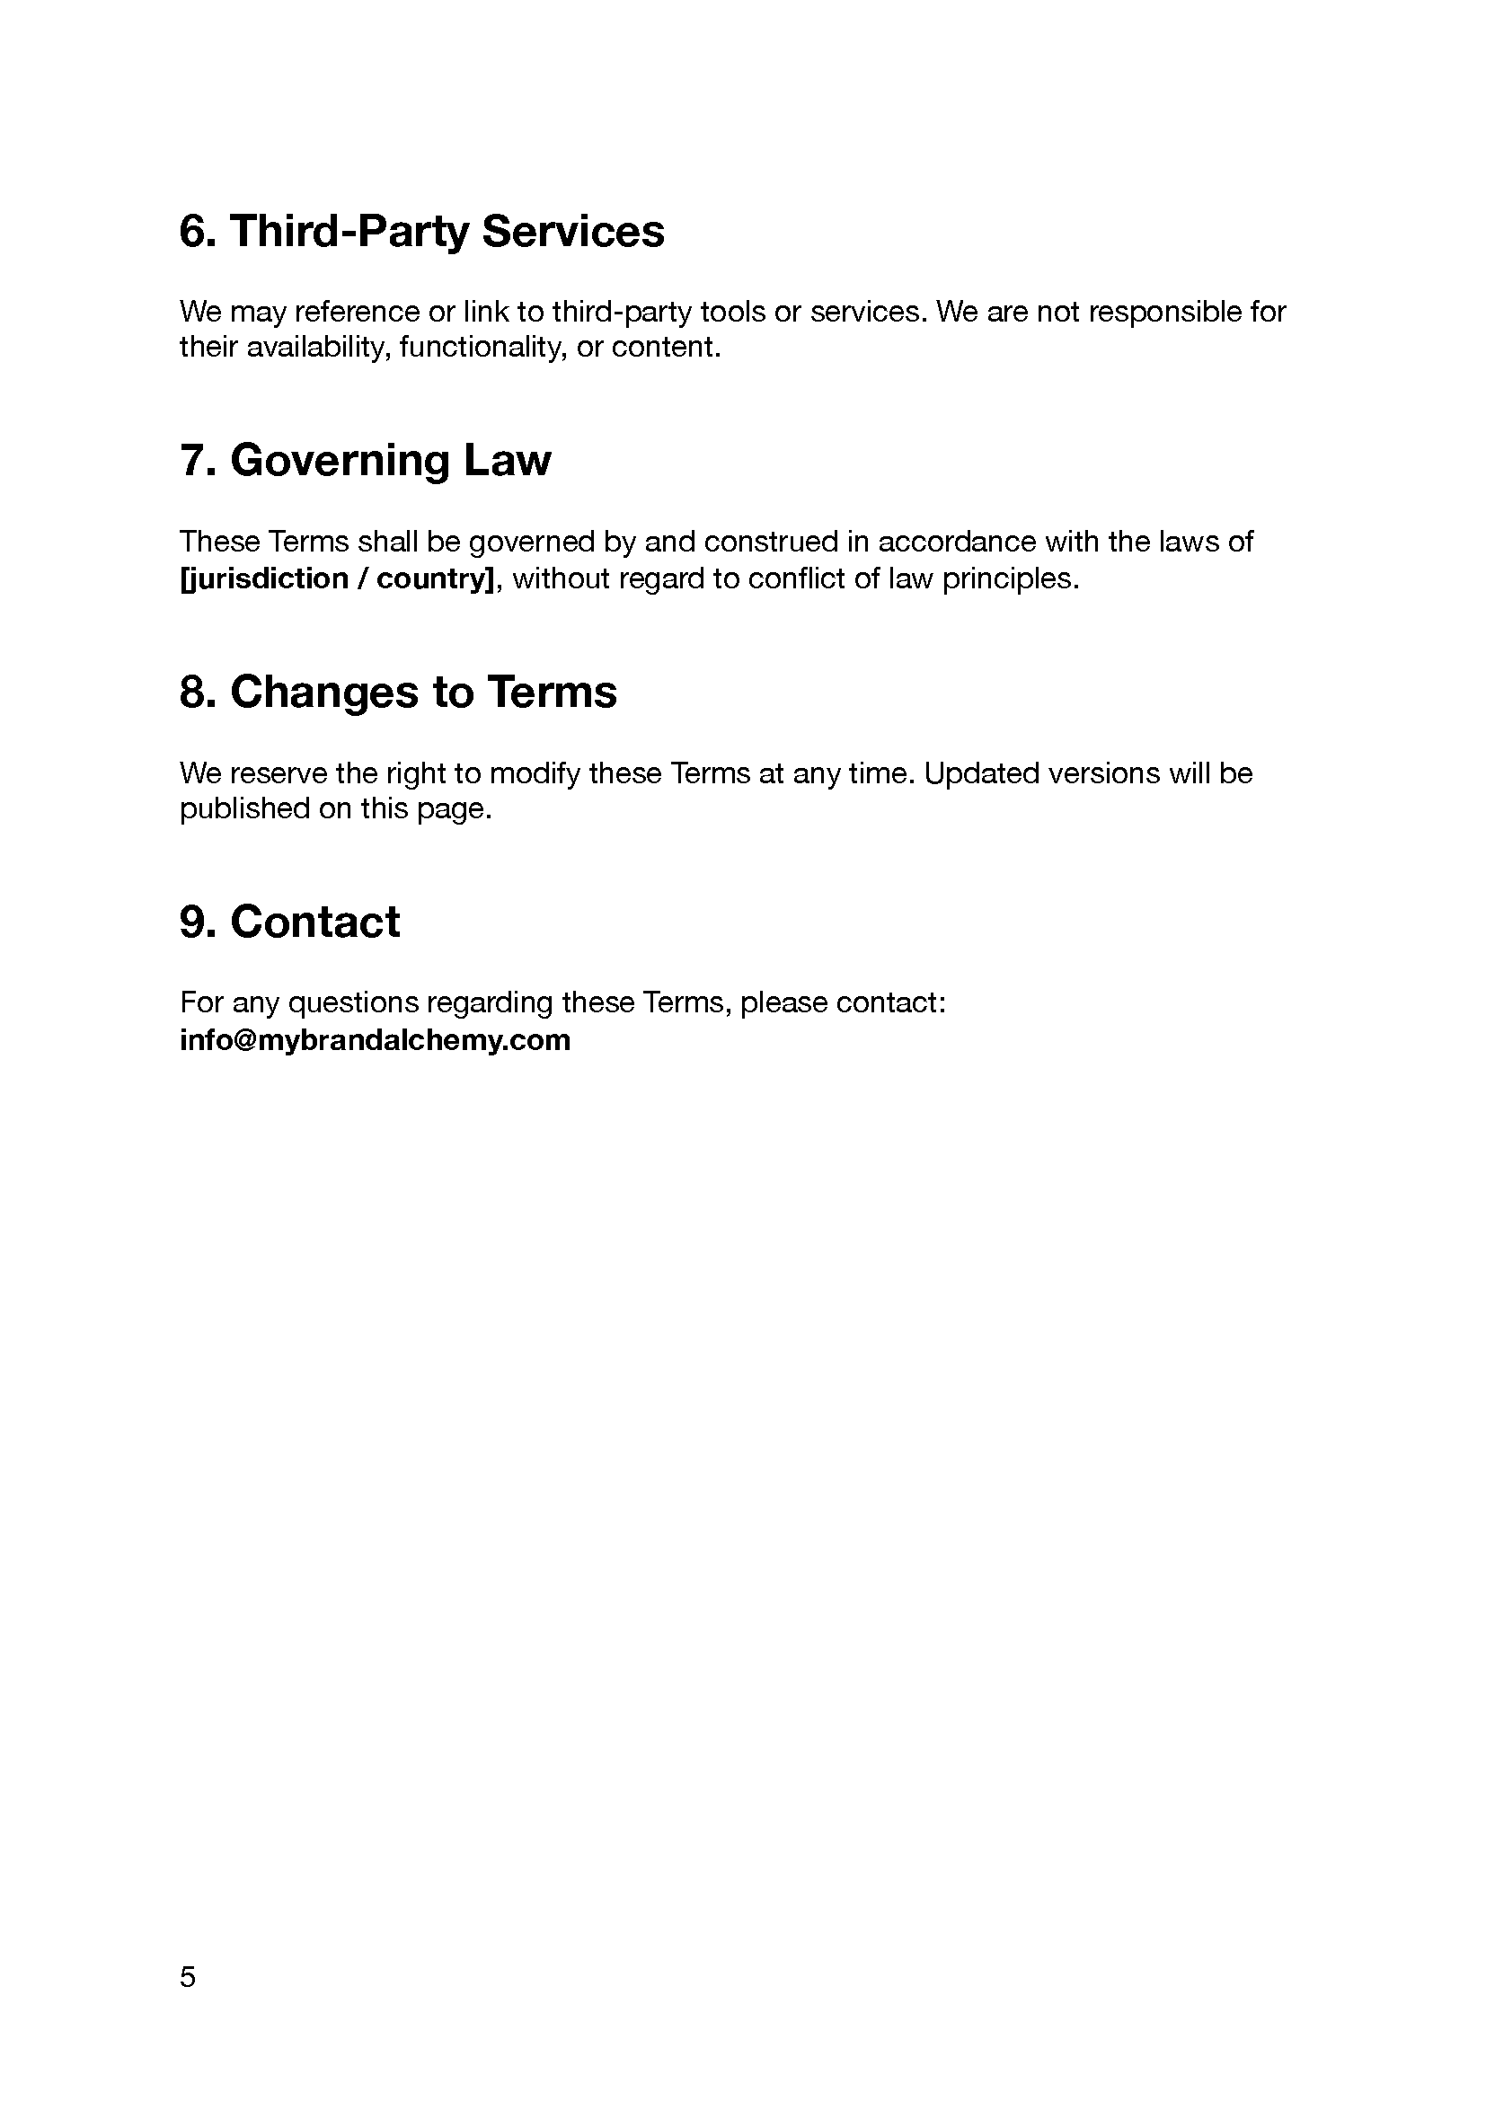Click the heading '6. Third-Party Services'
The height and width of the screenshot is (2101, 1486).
point(422,231)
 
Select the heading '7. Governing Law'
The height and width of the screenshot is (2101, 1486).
point(365,460)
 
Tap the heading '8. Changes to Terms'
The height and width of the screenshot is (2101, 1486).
point(398,692)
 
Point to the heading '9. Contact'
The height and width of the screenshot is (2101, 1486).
point(289,922)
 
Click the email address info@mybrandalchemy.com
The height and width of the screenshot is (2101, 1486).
point(376,1040)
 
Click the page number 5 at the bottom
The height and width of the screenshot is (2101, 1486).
point(188,1977)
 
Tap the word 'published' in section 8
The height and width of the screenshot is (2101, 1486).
point(244,809)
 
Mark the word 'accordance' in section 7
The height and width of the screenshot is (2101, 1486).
point(957,543)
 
